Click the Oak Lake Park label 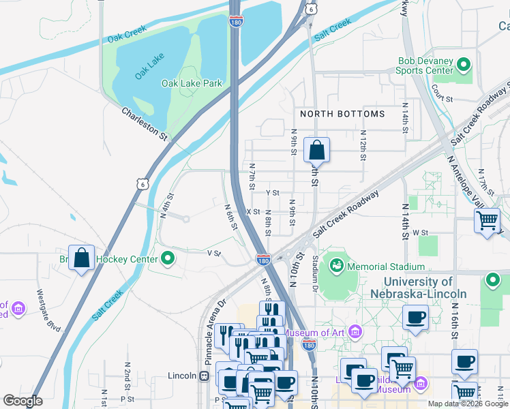192,83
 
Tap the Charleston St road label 145,123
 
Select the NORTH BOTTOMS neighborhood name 342,114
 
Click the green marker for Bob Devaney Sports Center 464,65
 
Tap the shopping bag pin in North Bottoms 316,149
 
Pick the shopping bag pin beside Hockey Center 81,258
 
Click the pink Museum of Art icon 354,333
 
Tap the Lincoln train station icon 204,376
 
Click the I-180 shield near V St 263,260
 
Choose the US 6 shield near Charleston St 142,184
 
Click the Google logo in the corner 22,401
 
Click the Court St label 442,99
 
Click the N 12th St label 363,141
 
